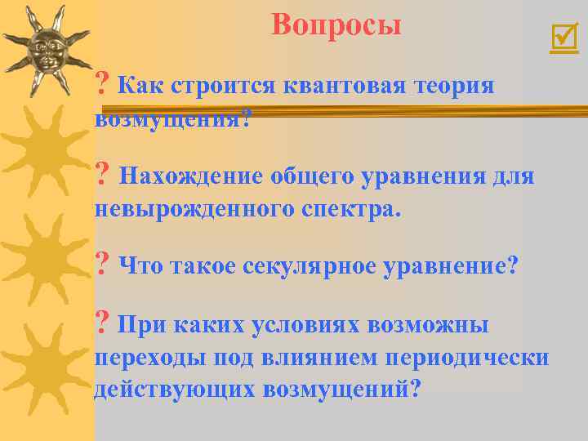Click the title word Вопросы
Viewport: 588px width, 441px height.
(336, 24)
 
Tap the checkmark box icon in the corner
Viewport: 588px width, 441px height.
(563, 38)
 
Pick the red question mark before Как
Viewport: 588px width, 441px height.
(102, 84)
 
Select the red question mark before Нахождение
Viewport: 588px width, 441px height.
(102, 175)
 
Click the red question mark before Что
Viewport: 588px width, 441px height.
(102, 265)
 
